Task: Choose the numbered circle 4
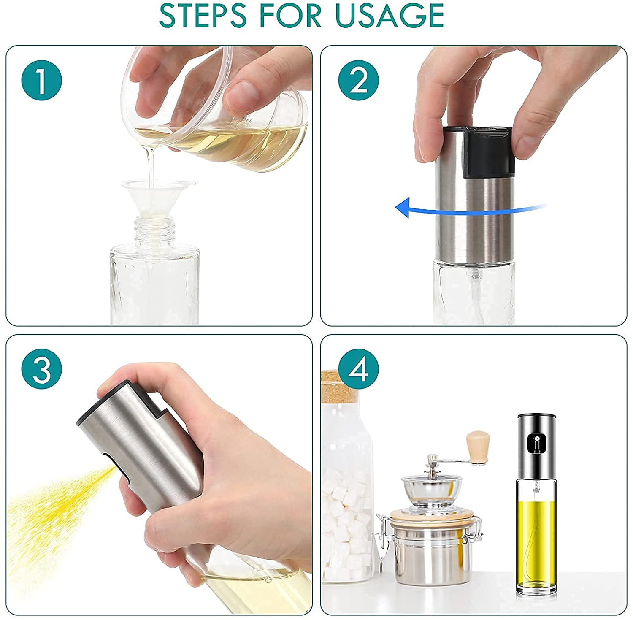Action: click(358, 370)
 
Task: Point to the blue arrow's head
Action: click(403, 206)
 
